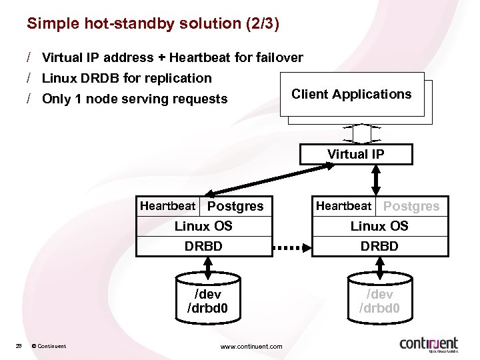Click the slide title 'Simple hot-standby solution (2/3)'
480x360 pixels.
153,24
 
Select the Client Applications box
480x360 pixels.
352,95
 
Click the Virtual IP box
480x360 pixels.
355,155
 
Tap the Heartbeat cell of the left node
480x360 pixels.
167,206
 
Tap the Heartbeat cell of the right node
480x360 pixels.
343,206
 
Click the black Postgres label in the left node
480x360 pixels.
235,207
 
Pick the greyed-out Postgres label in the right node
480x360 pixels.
411,207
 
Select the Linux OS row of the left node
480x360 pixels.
204,226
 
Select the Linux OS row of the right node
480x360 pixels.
379,226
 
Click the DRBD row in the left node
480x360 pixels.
204,246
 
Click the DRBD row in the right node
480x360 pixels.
379,246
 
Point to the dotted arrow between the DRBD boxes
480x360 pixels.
292,247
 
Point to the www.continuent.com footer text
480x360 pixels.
251,346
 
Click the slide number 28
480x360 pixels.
19,345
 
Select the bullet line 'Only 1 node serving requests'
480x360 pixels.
134,99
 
